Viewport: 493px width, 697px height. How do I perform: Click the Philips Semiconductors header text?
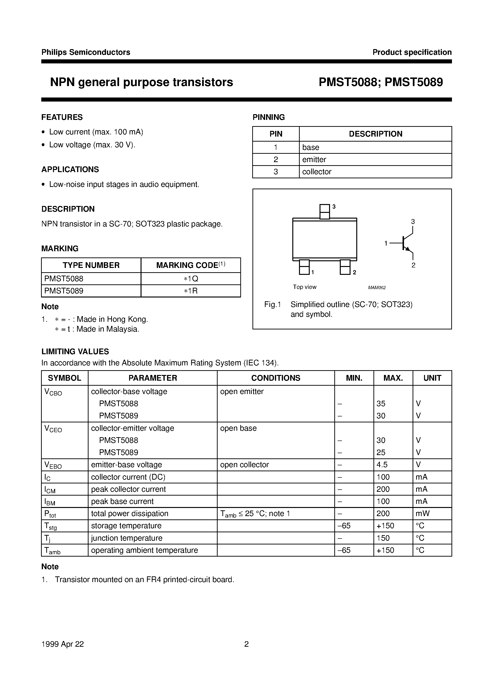(86, 52)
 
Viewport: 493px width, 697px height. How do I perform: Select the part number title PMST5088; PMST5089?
(381, 82)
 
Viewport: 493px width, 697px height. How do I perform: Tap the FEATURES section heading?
(62, 117)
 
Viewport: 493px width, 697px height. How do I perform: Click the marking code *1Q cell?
(191, 279)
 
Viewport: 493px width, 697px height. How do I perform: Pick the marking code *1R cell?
(191, 291)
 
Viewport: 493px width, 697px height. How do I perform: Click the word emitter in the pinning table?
(314, 160)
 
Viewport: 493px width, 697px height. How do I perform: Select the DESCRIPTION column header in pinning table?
(375, 134)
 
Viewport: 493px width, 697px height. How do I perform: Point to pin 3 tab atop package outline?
(325, 212)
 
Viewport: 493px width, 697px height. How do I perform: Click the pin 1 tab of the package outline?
(304, 267)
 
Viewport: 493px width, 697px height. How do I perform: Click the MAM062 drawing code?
(377, 287)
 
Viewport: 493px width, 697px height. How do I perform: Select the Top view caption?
(304, 287)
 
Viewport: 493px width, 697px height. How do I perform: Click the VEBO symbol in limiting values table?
(53, 465)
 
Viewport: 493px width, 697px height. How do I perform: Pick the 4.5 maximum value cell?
(382, 465)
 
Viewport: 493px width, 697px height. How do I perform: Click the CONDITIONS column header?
(276, 378)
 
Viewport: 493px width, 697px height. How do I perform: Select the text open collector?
(244, 465)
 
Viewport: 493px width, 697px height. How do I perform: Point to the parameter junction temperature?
(126, 538)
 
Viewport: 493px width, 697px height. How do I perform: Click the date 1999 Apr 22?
(63, 644)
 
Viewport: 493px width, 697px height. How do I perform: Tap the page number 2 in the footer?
(246, 644)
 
